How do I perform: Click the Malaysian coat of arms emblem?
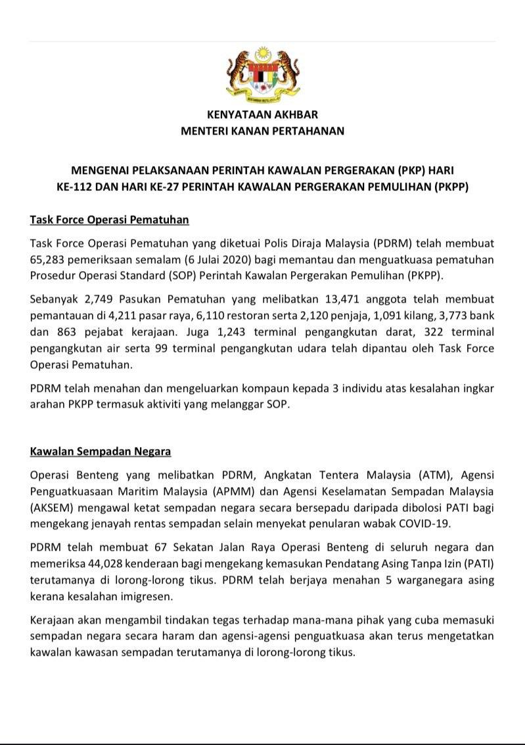pyautogui.click(x=262, y=75)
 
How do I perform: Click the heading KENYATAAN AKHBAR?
pyautogui.click(x=262, y=115)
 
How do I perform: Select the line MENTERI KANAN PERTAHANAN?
pyautogui.click(x=262, y=131)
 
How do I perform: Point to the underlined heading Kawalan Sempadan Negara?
pyautogui.click(x=101, y=452)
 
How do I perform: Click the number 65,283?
pyautogui.click(x=49, y=259)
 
